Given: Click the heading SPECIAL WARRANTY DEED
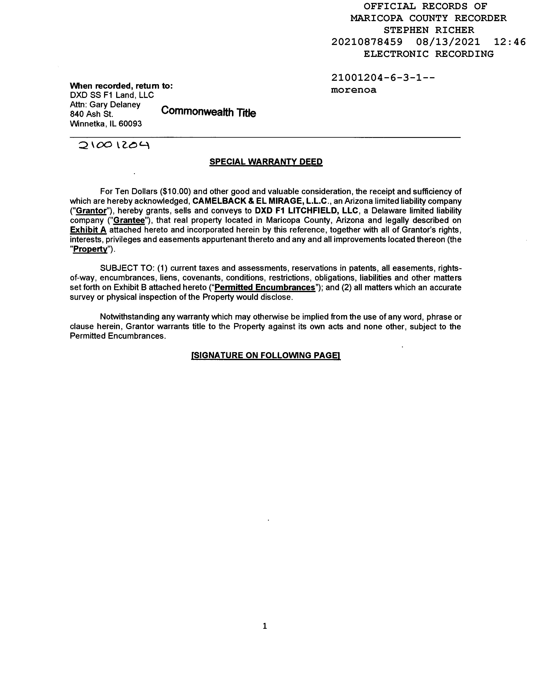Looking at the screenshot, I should coord(266,162).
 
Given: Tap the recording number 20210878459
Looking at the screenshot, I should coord(367,42).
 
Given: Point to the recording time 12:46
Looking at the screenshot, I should coord(510,42).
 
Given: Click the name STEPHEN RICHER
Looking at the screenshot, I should coord(429,30).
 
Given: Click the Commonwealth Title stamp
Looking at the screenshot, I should coord(208,112).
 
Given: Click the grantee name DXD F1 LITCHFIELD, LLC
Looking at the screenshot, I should coord(307,211).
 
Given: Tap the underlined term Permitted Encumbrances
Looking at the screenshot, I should coord(265,287).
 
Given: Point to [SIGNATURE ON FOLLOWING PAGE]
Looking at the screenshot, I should coord(266,355).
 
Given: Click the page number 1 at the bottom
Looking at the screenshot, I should coord(265,626).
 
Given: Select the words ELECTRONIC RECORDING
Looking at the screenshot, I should coord(429,54).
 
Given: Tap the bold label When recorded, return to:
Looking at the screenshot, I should coord(121,86).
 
